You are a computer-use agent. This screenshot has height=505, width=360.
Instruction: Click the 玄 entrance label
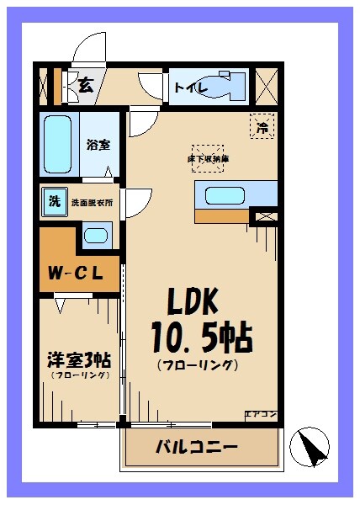click(x=86, y=83)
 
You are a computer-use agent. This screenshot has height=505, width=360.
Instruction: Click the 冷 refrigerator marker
click(x=262, y=127)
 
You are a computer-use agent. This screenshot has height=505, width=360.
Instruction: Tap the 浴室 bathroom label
click(x=98, y=144)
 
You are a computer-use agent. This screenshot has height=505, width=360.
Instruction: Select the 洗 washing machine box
click(x=53, y=202)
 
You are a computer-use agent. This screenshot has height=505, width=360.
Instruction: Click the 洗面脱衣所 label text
click(x=92, y=203)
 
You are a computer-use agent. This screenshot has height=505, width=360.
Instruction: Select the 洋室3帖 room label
click(x=78, y=359)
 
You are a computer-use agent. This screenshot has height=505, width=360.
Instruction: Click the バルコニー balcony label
click(x=196, y=445)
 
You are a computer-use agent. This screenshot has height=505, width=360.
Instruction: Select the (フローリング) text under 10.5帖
click(x=197, y=364)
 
